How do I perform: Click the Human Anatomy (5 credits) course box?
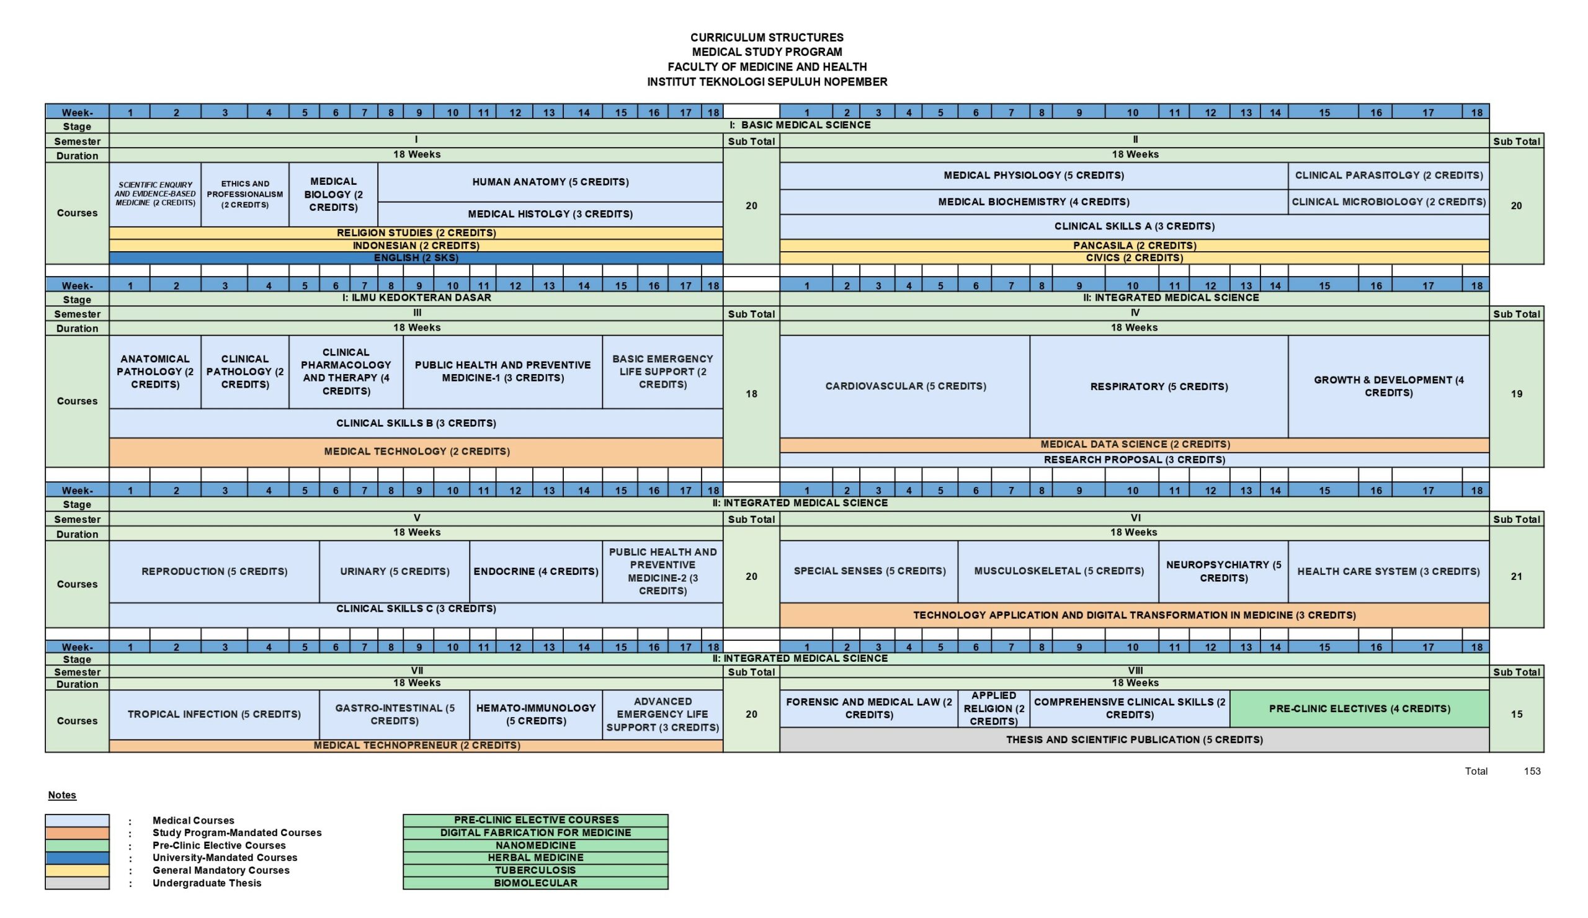tap(550, 182)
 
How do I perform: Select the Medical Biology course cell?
tap(333, 195)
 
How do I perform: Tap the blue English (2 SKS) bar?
tap(416, 257)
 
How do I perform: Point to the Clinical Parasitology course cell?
tap(1388, 176)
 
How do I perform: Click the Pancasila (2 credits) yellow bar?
tap(1135, 246)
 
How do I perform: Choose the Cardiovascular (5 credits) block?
tap(905, 386)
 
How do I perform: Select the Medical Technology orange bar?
tap(416, 452)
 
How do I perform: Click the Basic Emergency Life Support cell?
tap(662, 372)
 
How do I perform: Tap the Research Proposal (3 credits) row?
tap(1135, 460)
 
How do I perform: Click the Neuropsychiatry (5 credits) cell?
tap(1223, 571)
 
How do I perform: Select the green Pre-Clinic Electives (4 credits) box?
tap(1359, 709)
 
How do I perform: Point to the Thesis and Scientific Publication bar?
tap(1135, 740)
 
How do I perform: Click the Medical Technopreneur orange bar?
tap(416, 746)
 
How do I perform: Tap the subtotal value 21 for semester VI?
tap(1516, 576)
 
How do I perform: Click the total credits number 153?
tap(1532, 771)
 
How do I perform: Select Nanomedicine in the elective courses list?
tap(535, 845)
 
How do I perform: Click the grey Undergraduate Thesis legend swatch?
tap(77, 883)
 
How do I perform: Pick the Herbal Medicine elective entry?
tap(535, 858)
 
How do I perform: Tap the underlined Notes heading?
tap(62, 795)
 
